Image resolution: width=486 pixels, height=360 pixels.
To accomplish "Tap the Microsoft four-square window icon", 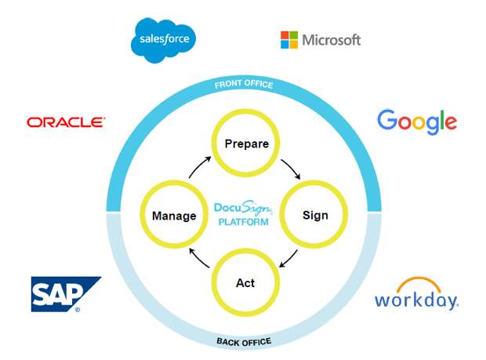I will [x=289, y=40].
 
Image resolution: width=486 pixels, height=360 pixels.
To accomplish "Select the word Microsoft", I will [x=331, y=40].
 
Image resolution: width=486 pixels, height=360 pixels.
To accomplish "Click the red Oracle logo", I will [x=66, y=122].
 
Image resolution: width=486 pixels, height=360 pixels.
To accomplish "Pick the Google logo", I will [x=417, y=121].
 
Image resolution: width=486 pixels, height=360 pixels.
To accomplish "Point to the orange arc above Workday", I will [x=416, y=283].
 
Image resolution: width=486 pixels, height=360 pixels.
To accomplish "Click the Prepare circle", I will [x=246, y=144].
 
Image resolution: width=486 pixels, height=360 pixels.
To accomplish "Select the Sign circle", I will [x=314, y=215].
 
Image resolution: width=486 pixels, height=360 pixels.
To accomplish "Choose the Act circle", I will [x=245, y=283].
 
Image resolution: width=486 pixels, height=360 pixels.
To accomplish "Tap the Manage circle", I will [x=174, y=215].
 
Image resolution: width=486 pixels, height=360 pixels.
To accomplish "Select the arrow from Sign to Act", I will [x=289, y=259].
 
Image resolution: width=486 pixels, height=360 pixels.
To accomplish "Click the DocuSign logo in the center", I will [x=244, y=209].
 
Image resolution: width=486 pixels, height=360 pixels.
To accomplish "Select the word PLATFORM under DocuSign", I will [x=244, y=223].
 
